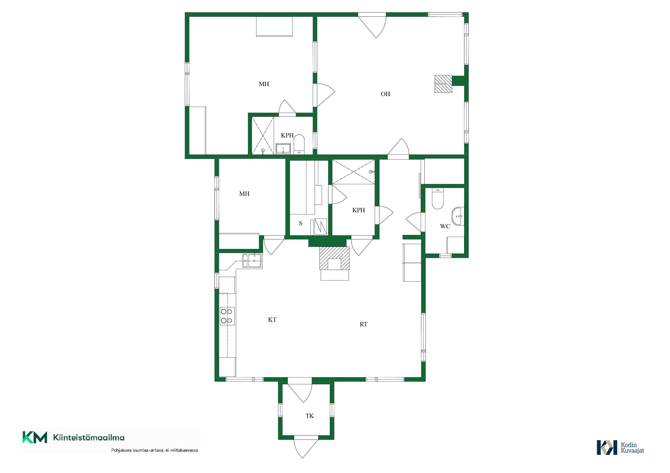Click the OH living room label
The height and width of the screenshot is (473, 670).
coord(385,94)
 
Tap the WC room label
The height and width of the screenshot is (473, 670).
coord(445,226)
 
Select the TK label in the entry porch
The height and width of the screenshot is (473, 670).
coord(310,416)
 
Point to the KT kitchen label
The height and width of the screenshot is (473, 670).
coord(272,320)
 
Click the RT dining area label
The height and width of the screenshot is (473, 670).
coord(363,324)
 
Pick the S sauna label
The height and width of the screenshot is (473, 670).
coord(300,223)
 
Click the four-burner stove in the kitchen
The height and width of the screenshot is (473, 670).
coord(227,316)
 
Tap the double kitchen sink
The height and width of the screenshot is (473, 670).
coord(252,260)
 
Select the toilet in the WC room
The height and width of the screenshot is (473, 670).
coord(437,198)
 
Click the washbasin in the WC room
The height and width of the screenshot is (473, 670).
coord(458,216)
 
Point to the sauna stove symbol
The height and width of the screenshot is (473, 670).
coord(320,226)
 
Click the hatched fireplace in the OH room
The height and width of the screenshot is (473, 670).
coord(443,84)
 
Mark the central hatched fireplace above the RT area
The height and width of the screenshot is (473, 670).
coord(334,258)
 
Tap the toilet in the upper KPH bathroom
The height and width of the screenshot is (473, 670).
coord(299,145)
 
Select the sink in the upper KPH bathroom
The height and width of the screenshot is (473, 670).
coord(283,149)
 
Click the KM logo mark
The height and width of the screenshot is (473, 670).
coord(35,437)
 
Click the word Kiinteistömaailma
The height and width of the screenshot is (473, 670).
coord(89,437)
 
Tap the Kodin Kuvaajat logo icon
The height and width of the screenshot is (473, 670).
coord(607,448)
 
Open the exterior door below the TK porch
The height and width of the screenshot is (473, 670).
coord(306,447)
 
